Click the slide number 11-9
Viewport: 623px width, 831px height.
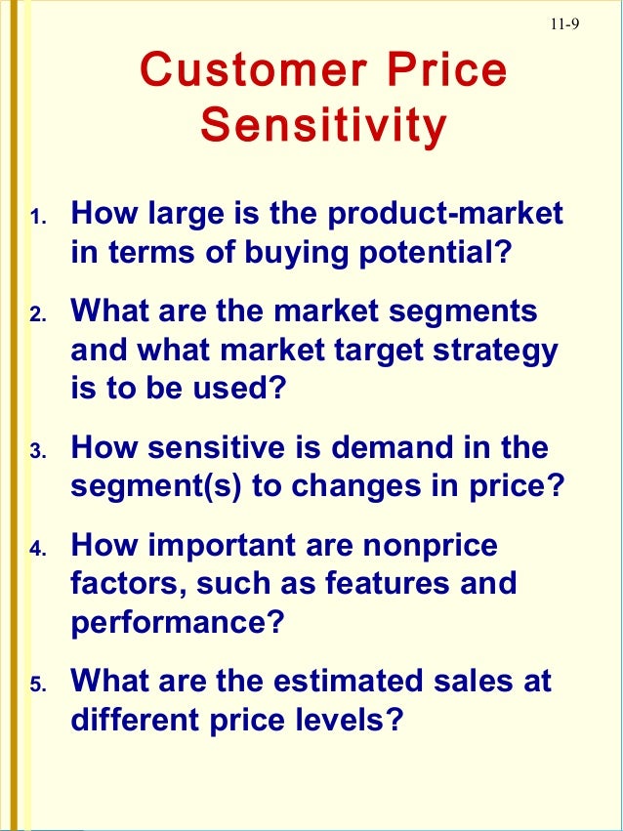[563, 26]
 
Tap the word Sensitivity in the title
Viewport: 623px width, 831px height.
[323, 126]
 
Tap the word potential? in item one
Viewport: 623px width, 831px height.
[434, 253]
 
